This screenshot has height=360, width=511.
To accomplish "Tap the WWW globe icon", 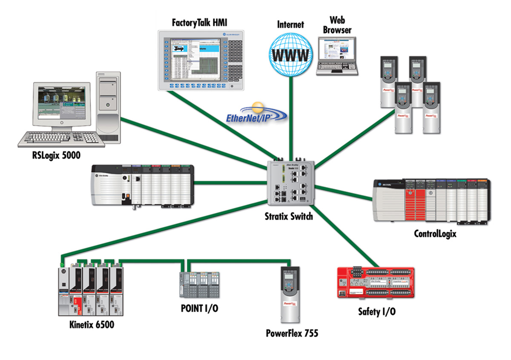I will tap(291, 52).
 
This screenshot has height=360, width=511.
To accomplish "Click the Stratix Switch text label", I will tap(288, 217).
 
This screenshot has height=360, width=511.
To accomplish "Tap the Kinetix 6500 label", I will tap(92, 326).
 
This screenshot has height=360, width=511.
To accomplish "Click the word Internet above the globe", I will tap(291, 24).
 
